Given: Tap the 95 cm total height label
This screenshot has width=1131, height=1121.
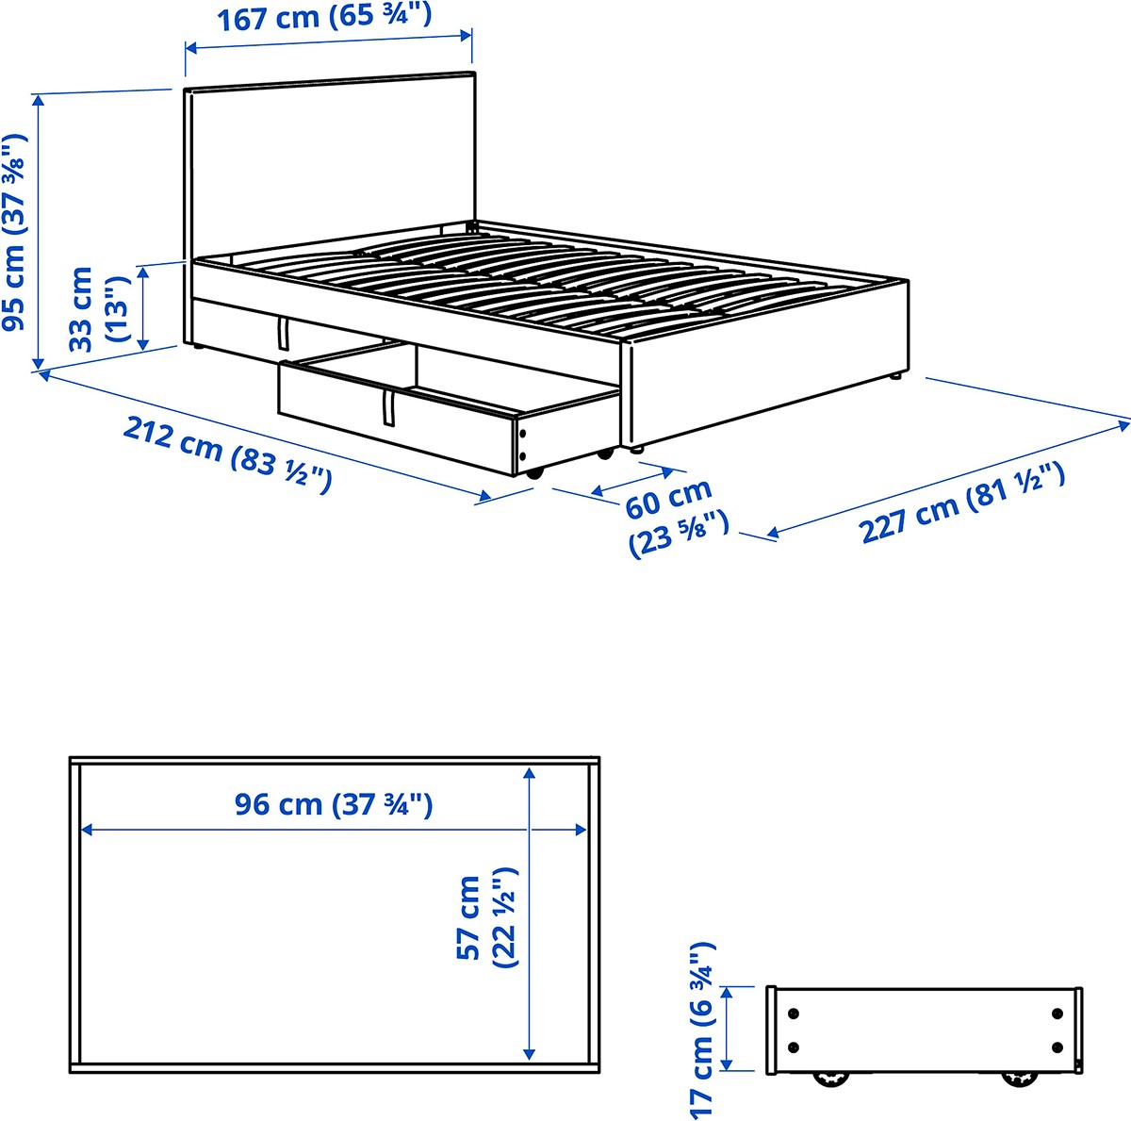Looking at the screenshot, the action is click(x=15, y=233).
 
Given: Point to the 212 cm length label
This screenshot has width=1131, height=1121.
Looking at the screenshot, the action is click(x=228, y=453).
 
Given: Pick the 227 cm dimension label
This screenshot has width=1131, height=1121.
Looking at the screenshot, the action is click(x=961, y=503).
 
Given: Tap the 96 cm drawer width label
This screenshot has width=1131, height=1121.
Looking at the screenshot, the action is click(x=334, y=804).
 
